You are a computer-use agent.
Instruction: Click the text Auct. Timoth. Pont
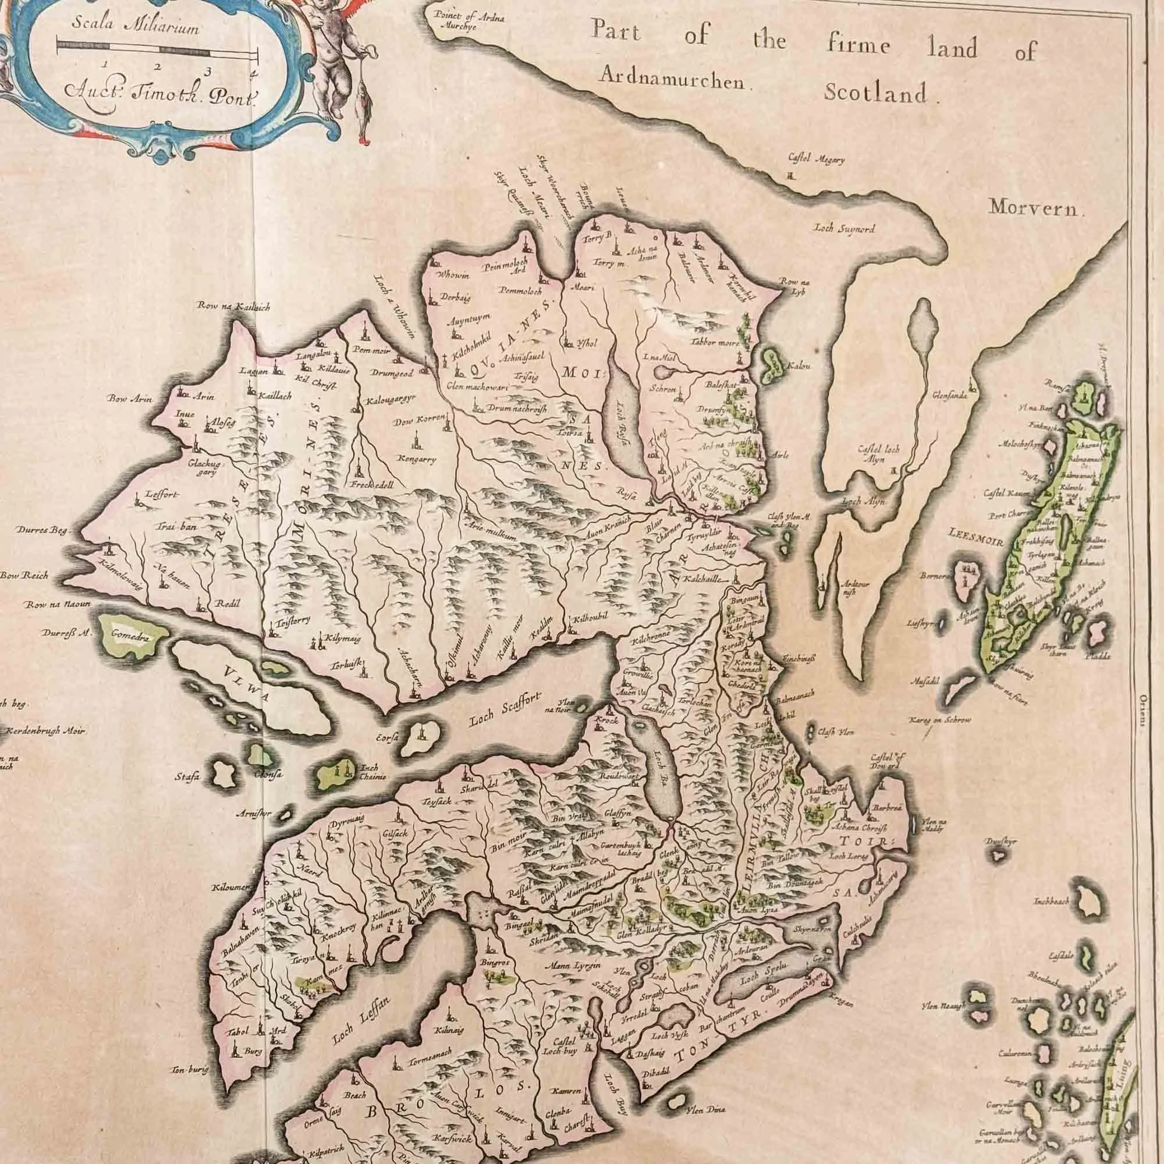coord(159,91)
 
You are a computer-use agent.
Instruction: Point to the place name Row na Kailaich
coord(233,307)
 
